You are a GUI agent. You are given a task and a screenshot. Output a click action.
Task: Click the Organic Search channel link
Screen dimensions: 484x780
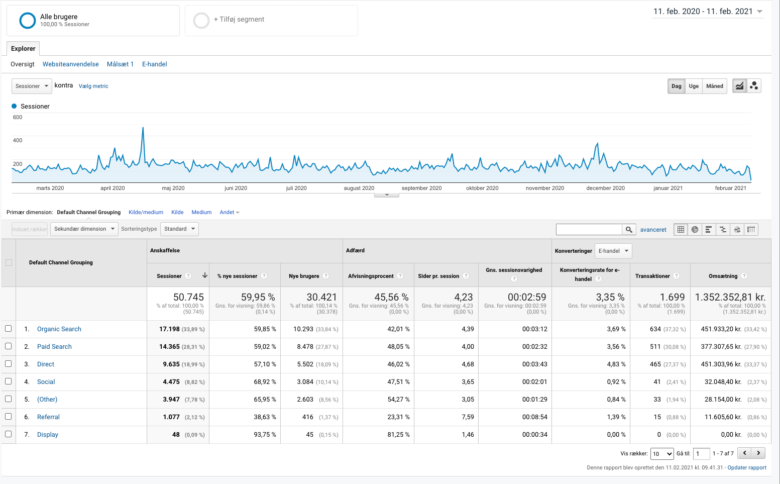(59, 329)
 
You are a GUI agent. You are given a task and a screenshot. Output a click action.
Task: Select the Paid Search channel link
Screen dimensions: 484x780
(54, 347)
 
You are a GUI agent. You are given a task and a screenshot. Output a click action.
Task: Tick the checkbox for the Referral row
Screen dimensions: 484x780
(9, 417)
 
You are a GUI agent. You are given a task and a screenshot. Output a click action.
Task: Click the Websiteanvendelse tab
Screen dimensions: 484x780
(70, 64)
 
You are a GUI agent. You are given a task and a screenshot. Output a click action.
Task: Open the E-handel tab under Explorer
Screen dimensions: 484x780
(154, 64)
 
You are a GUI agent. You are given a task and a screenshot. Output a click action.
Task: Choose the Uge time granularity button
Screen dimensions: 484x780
(694, 86)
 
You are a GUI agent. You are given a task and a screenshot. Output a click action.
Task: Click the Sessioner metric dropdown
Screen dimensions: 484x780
(32, 86)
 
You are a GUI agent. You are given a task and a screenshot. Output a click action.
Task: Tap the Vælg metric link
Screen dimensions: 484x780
(93, 86)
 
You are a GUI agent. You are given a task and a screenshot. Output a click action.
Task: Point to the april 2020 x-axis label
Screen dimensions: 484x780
(113, 188)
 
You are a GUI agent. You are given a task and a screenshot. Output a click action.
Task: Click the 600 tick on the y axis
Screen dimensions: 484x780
(18, 118)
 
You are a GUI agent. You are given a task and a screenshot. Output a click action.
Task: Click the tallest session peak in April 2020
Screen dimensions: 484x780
(143, 128)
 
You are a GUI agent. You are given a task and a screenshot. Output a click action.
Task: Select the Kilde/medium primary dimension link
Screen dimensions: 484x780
(146, 213)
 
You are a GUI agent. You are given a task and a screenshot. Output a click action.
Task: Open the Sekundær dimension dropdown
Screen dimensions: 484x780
(85, 229)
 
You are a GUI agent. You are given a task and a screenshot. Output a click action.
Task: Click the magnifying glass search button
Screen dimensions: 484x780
(629, 230)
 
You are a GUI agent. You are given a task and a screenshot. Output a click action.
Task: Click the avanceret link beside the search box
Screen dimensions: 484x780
(653, 230)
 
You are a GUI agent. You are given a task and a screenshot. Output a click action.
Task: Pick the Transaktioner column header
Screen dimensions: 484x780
(652, 276)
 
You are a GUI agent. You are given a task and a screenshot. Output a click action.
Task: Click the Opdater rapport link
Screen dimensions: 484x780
(747, 468)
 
